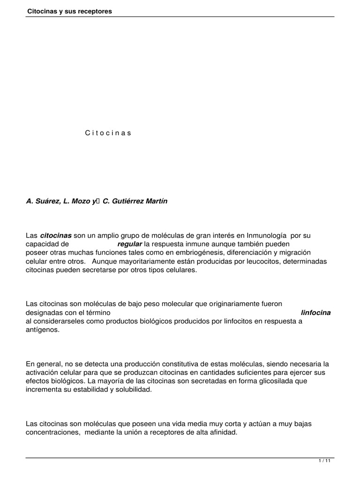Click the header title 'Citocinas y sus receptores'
coord(69,11)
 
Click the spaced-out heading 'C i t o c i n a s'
coord(108,133)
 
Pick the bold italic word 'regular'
coord(129,244)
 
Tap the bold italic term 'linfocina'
coord(315,313)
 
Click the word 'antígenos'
coord(43,330)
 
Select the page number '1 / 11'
coord(324,461)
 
